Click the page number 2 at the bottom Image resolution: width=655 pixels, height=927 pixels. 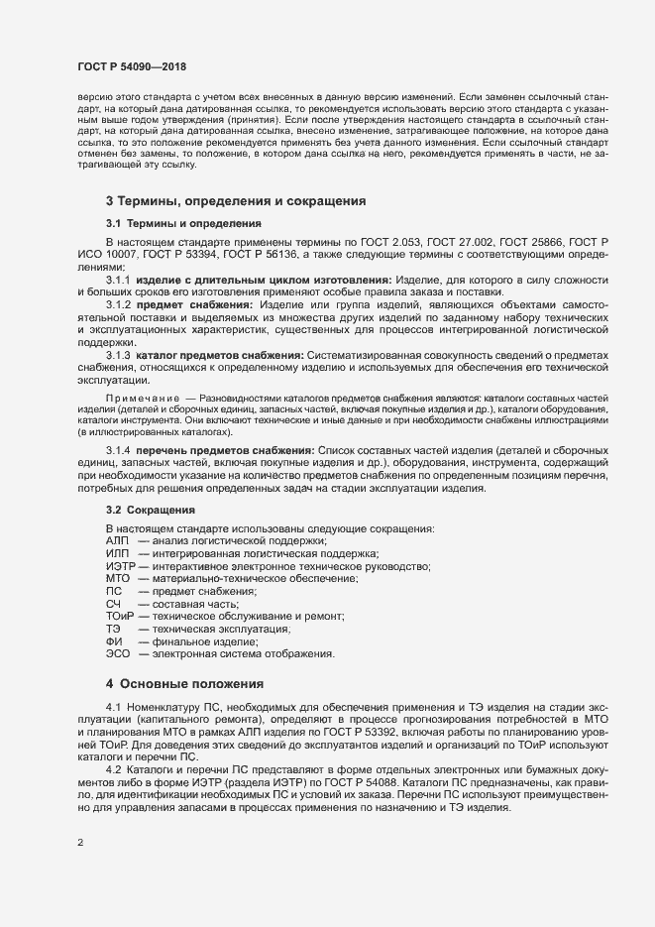click(x=80, y=843)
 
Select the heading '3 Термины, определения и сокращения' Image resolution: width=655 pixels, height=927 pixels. click(x=236, y=201)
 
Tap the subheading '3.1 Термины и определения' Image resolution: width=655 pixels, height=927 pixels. click(x=183, y=224)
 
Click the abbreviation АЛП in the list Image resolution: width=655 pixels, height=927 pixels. click(x=118, y=540)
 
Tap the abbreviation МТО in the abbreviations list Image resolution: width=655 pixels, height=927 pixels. click(x=118, y=578)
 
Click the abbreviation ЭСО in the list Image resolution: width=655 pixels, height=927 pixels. click(x=119, y=654)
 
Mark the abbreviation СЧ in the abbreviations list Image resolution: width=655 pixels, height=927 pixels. click(x=113, y=604)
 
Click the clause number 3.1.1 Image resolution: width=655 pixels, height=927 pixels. click(x=118, y=280)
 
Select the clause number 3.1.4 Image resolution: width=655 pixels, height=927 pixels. click(x=118, y=451)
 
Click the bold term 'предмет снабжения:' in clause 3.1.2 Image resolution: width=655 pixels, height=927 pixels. click(x=184, y=304)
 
